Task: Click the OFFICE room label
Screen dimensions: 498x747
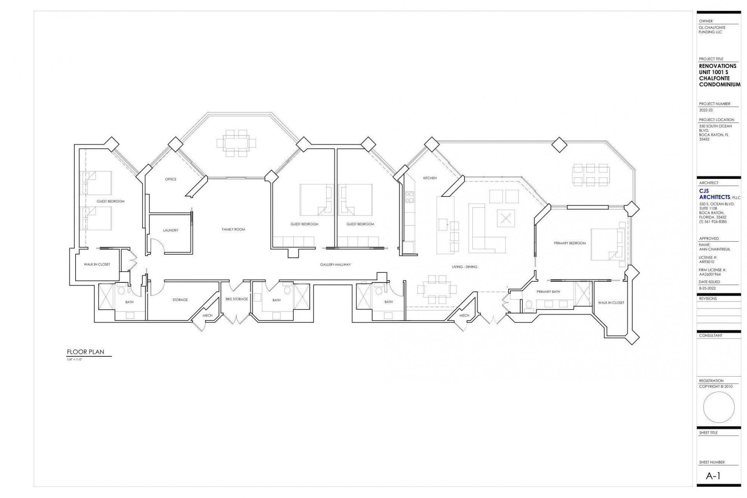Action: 170,179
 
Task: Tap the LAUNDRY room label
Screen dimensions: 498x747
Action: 170,230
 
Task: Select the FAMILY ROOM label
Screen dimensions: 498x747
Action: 233,230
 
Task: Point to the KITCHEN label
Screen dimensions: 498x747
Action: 430,178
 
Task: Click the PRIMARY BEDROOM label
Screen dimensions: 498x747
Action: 570,243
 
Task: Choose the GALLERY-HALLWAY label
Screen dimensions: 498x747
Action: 335,265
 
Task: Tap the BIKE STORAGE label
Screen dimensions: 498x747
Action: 237,299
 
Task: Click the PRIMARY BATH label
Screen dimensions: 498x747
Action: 548,292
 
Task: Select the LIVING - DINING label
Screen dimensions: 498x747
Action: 464,267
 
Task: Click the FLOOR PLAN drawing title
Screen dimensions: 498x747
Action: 86,352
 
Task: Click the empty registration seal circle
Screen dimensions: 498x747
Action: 719,407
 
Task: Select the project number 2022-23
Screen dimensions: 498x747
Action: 706,110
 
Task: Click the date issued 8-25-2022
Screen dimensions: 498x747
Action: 707,288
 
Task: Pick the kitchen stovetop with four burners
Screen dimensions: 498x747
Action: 409,197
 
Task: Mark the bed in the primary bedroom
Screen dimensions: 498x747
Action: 607,244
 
